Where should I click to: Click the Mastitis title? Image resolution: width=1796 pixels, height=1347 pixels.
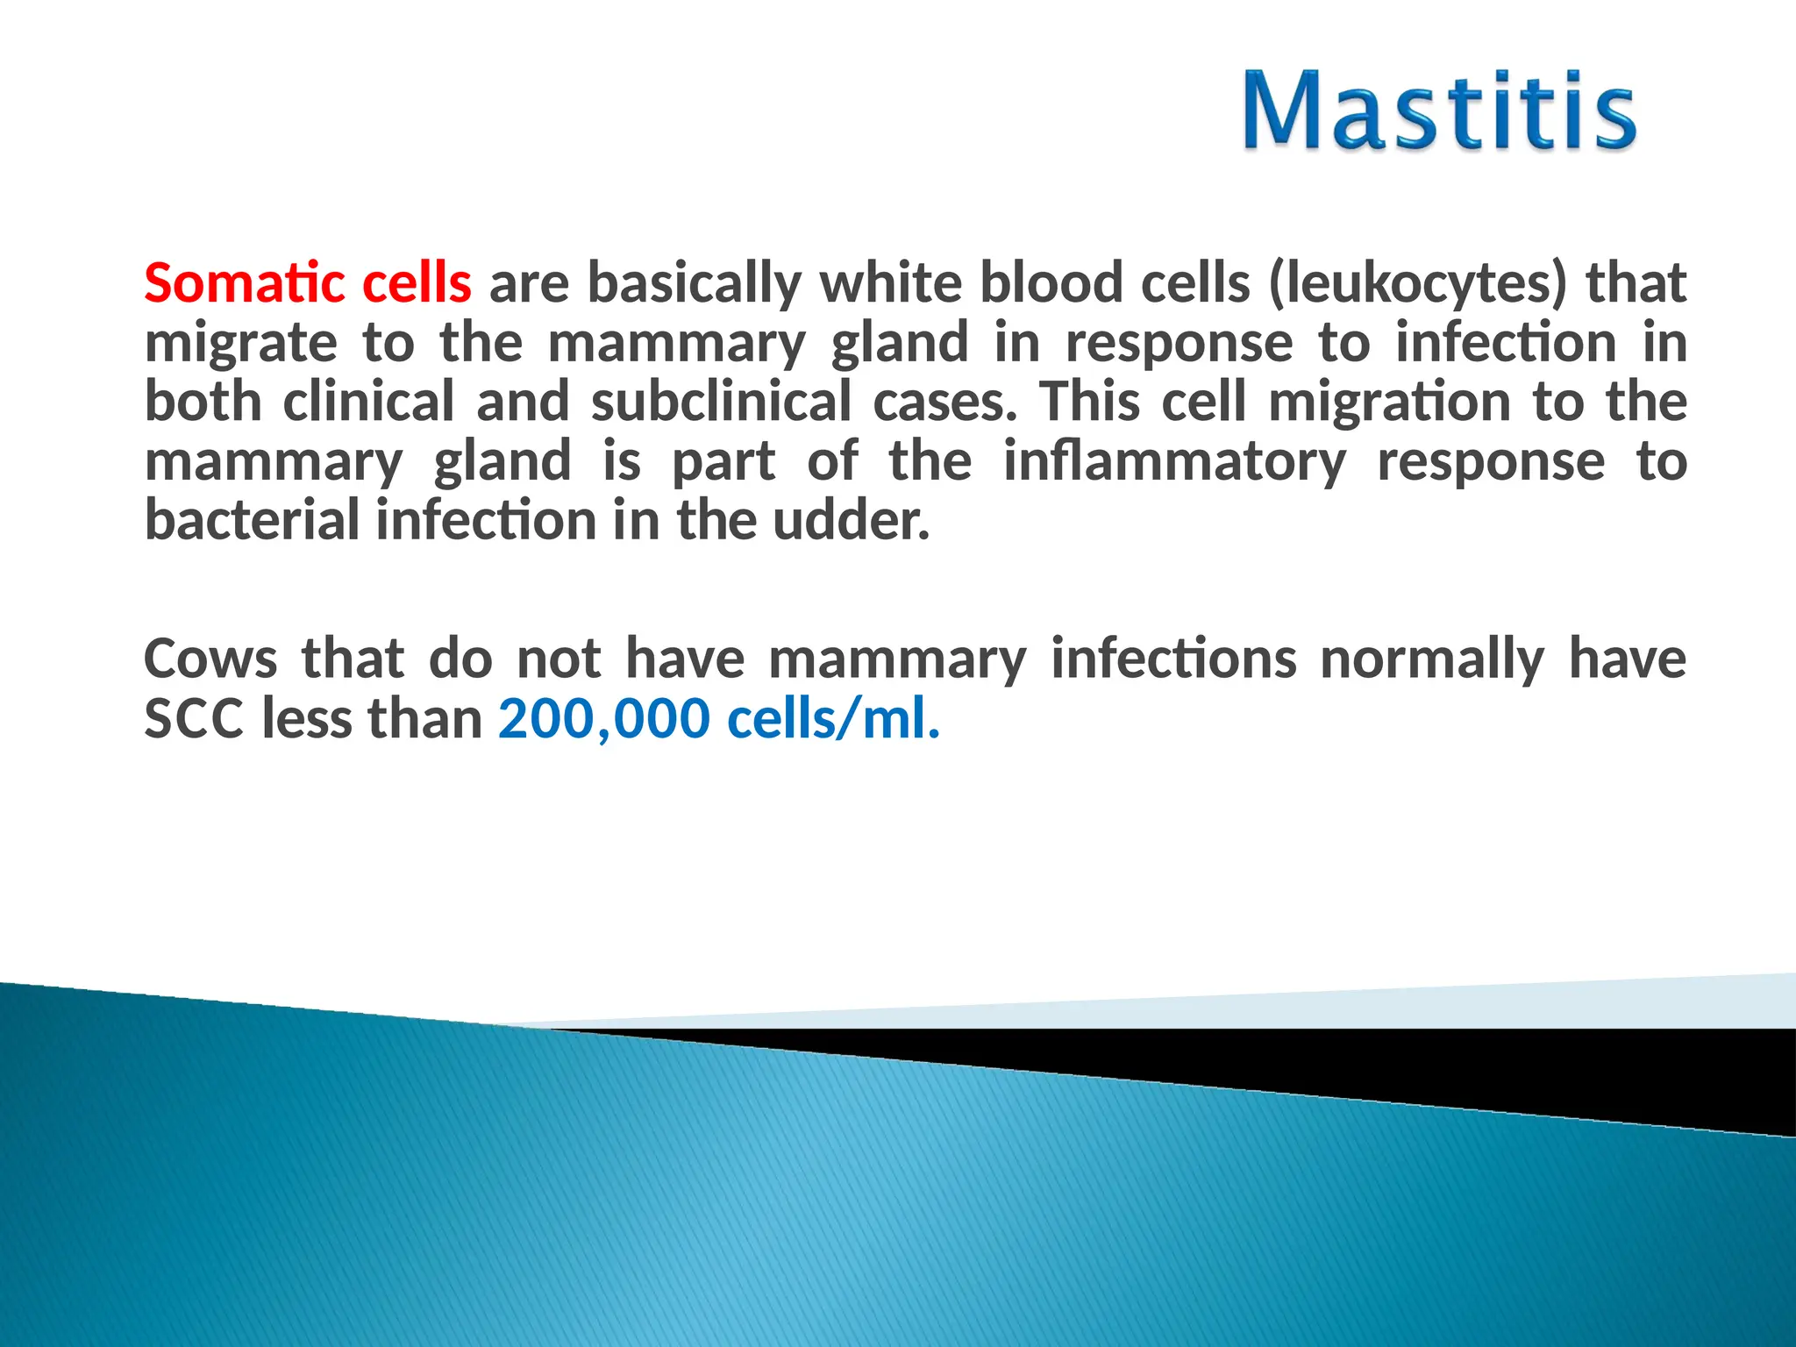(1438, 112)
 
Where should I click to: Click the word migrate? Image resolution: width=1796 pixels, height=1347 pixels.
(240, 344)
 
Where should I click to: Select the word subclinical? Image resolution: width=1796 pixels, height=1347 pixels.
(720, 402)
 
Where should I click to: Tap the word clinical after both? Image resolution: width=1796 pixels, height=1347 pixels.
(368, 402)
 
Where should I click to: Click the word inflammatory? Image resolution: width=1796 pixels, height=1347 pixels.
(1174, 462)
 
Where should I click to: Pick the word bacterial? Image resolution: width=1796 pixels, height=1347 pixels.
(252, 520)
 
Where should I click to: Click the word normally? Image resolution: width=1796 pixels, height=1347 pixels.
(1431, 660)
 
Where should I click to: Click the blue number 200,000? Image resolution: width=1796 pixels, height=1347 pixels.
(603, 719)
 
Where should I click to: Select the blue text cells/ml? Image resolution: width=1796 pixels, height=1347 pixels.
(833, 719)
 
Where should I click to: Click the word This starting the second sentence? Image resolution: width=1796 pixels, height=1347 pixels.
(1089, 402)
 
